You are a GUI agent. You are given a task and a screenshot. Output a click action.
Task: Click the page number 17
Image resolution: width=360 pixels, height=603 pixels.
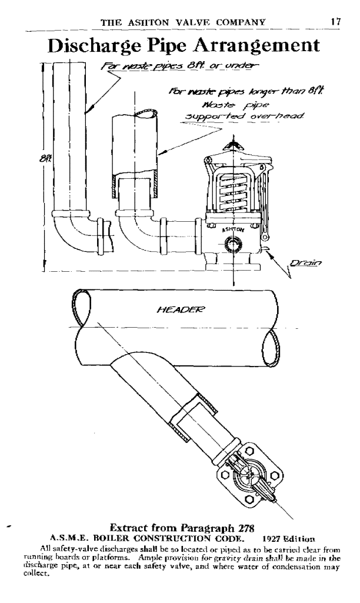tap(335, 21)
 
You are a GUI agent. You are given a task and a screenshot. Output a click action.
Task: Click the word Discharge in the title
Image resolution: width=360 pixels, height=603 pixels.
tap(95, 46)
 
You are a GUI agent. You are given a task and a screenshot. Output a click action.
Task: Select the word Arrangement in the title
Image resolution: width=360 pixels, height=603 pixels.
tap(256, 46)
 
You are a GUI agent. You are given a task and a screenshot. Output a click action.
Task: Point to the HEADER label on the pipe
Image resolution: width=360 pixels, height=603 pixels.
tap(181, 309)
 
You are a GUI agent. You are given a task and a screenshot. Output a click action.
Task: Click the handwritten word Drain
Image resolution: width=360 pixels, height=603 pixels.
tap(306, 263)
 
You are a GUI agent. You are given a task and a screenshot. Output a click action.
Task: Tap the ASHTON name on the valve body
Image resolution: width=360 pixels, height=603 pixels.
tap(233, 229)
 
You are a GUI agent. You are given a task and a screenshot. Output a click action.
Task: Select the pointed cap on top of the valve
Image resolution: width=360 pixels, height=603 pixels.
tap(232, 146)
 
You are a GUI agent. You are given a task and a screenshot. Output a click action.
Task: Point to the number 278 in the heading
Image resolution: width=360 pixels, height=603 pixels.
tap(244, 528)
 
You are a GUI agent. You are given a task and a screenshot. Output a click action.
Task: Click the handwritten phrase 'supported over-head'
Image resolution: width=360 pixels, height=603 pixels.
tap(245, 116)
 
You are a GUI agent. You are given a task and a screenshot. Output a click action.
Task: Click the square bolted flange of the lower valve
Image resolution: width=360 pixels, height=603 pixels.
tap(251, 476)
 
